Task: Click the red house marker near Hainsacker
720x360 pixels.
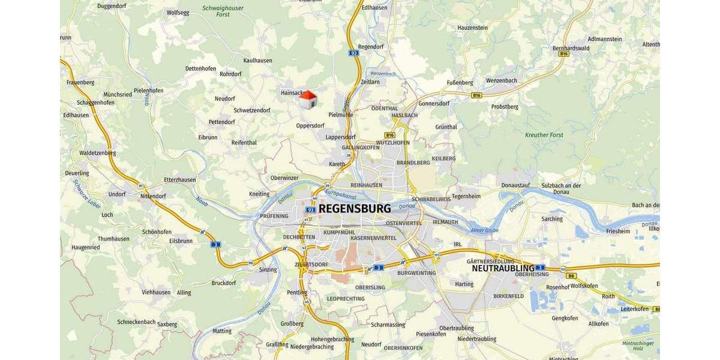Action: (x=308, y=100)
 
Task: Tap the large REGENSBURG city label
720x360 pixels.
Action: (x=355, y=209)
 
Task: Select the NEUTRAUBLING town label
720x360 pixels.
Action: (x=503, y=268)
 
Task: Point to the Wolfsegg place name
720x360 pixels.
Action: (x=178, y=12)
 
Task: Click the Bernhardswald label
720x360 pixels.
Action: (x=571, y=48)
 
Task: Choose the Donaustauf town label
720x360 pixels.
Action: (x=516, y=185)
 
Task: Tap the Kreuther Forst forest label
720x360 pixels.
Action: (x=544, y=135)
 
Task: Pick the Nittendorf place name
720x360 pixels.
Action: (x=152, y=196)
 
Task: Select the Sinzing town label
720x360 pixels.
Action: (x=268, y=269)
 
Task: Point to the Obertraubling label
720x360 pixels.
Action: (x=456, y=328)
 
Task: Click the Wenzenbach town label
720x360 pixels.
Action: (x=502, y=80)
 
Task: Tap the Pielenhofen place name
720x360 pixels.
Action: (x=148, y=91)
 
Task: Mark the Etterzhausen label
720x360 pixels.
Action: (x=180, y=179)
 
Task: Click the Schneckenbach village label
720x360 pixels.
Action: (x=137, y=322)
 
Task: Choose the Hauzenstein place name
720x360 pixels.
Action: (x=473, y=28)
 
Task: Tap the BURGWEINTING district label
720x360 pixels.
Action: (x=416, y=273)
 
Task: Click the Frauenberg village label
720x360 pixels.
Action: (x=80, y=82)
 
